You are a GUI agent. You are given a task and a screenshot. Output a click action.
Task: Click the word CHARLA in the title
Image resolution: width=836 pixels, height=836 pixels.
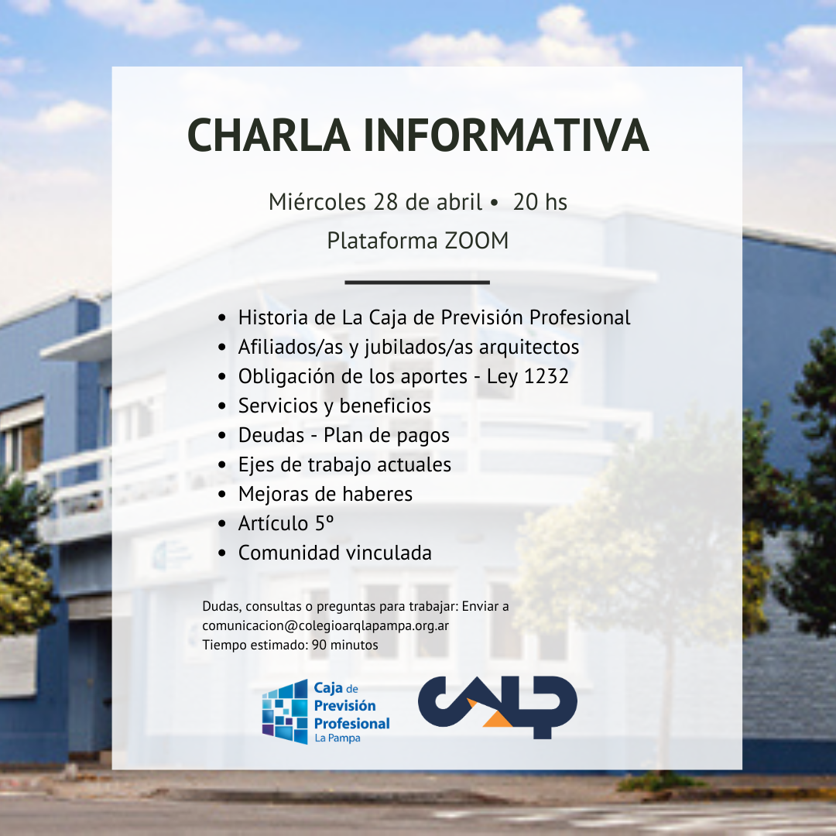click(269, 135)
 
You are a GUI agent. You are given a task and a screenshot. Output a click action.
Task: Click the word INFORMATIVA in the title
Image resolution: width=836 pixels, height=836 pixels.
click(506, 135)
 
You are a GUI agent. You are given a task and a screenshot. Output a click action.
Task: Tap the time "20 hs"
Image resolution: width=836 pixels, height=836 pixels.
click(540, 202)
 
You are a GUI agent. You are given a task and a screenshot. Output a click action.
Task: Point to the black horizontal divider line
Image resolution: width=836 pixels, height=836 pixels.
click(417, 282)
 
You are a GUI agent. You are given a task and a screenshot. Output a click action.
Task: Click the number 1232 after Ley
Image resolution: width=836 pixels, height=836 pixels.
click(546, 376)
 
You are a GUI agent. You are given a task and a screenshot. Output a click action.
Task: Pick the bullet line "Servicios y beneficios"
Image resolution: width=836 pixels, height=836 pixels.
click(334, 406)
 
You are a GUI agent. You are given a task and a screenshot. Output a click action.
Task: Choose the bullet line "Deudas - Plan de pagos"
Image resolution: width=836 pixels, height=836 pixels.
click(344, 436)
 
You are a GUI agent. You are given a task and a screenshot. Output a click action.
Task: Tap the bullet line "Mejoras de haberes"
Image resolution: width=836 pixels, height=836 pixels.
click(325, 494)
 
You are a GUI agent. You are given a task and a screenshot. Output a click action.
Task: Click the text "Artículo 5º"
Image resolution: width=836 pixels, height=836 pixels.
click(286, 523)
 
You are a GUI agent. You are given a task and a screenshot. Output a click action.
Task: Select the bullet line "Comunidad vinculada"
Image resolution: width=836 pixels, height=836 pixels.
click(335, 553)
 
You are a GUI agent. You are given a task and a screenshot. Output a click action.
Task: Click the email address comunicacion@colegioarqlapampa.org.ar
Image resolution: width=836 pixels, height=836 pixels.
click(325, 625)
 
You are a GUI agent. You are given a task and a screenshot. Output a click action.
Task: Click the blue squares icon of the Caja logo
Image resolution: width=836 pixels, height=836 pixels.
click(285, 711)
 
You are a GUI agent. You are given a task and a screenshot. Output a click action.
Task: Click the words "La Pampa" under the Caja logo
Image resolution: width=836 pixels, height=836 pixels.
click(337, 738)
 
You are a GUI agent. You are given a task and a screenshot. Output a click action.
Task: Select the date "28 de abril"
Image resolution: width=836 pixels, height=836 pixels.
click(427, 202)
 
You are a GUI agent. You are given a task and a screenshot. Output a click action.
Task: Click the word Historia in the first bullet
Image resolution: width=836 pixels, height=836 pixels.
click(273, 318)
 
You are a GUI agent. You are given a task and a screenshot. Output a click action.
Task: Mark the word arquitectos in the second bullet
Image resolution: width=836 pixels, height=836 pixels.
click(529, 348)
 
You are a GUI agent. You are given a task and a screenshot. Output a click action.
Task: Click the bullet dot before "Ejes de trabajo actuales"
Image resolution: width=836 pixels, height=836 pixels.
click(222, 465)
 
